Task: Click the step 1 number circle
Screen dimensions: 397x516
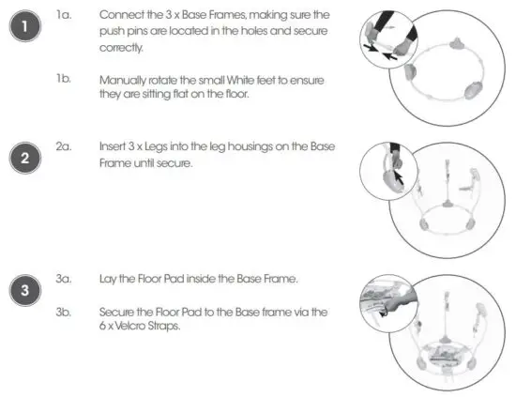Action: click(x=25, y=28)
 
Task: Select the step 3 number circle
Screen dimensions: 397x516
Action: click(x=25, y=290)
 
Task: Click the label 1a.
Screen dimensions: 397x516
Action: click(x=63, y=16)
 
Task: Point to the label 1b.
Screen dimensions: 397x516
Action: click(x=63, y=80)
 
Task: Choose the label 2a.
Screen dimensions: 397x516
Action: click(x=63, y=147)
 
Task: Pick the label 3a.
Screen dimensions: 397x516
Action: click(x=63, y=280)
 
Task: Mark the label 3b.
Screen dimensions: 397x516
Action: click(x=63, y=311)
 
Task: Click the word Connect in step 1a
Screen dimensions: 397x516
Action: click(x=121, y=16)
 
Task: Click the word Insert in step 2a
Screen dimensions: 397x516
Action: click(x=114, y=147)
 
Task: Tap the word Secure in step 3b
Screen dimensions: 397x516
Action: click(x=119, y=311)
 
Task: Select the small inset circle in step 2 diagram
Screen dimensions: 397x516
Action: click(x=385, y=168)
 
